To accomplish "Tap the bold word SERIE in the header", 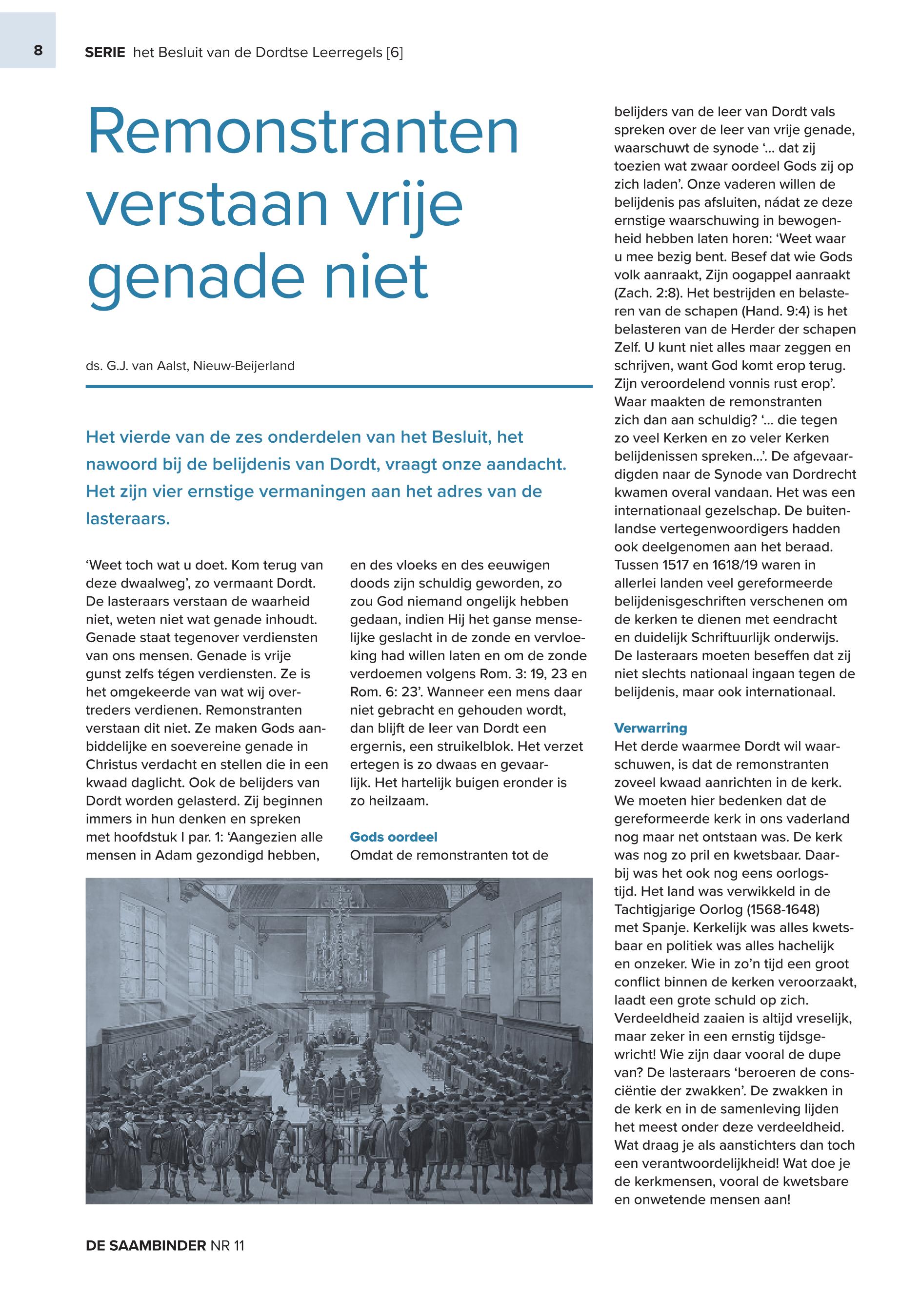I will pyautogui.click(x=105, y=53).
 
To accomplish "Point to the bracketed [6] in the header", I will pyautogui.click(x=395, y=53).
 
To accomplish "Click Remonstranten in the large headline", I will pyautogui.click(x=302, y=133).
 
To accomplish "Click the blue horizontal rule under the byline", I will pyautogui.click(x=339, y=387).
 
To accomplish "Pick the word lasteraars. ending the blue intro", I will pyautogui.click(x=127, y=519).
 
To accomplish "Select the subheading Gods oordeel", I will pyautogui.click(x=394, y=837).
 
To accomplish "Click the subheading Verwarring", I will pyautogui.click(x=650, y=727).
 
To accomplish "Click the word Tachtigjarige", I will pyautogui.click(x=660, y=909).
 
